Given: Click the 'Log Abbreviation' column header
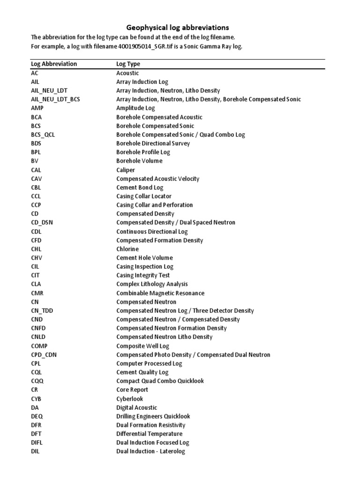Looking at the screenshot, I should (54, 64).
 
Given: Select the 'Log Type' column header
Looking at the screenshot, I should (128, 64).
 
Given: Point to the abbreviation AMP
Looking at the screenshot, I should (37, 108).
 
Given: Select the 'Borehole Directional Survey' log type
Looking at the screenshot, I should (153, 143).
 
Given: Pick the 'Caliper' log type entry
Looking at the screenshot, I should (125, 170).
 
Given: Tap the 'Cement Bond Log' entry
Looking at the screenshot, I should (140, 187).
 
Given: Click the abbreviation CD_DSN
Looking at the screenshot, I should (42, 223).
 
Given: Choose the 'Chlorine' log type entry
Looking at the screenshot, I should (127, 249).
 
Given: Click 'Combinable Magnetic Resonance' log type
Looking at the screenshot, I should (160, 293).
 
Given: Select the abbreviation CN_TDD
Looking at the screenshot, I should (42, 310).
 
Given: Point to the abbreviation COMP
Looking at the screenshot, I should (39, 346).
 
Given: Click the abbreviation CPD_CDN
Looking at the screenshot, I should (44, 355).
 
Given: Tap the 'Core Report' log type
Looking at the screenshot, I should (132, 390).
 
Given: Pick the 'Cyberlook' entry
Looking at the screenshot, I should (129, 399).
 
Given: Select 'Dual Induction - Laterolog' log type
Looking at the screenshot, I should (150, 451).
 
